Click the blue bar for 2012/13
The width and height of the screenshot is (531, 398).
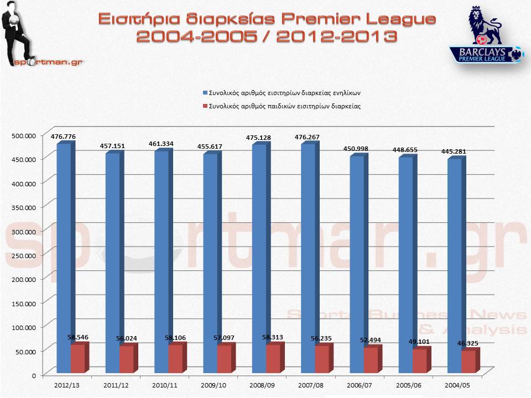pyautogui.click(x=64, y=249)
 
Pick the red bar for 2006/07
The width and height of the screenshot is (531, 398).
pyautogui.click(x=371, y=360)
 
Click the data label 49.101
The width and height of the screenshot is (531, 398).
pyautogui.click(x=419, y=341)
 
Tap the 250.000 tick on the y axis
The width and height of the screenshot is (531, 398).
pyautogui.click(x=24, y=255)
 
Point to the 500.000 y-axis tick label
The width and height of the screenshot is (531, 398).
pyautogui.click(x=24, y=135)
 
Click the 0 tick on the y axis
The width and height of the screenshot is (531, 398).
pyautogui.click(x=34, y=375)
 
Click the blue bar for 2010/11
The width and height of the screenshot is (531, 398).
pyautogui.click(x=162, y=254)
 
